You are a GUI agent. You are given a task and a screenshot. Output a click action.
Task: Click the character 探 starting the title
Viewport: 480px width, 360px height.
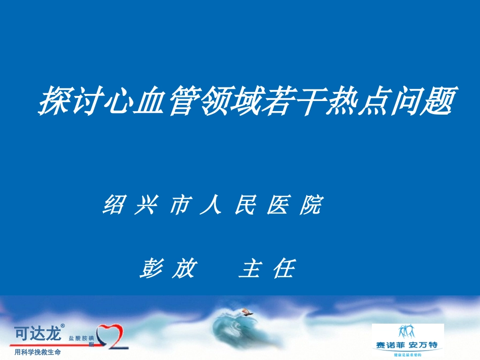[x=54, y=100]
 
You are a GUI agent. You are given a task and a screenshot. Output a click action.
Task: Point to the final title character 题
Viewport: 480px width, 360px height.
[x=440, y=100]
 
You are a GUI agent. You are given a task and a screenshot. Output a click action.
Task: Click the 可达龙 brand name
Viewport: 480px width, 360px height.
[x=37, y=333]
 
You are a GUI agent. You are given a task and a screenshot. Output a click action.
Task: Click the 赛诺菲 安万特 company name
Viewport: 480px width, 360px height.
[x=407, y=346]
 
